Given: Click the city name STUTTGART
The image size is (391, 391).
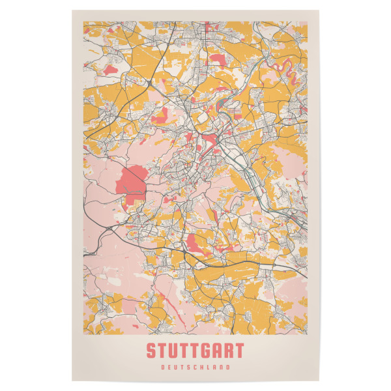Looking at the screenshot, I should (x=195, y=351).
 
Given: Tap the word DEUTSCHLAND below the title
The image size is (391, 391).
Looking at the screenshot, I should (x=195, y=368).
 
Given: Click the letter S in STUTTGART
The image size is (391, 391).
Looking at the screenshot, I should (x=152, y=351).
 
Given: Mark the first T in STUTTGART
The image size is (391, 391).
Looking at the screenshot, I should (x=163, y=351).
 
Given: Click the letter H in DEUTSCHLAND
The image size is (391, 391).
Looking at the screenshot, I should (x=203, y=368).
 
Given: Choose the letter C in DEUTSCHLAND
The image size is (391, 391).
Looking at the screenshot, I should (x=195, y=368).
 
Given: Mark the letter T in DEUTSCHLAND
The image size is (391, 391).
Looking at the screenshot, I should (x=182, y=368).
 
